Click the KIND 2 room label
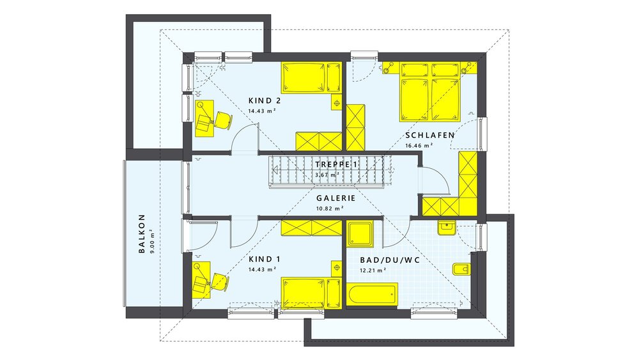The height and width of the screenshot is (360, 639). [x=265, y=101]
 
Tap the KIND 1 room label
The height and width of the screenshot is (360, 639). [x=265, y=260]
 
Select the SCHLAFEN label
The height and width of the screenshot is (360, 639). [x=429, y=136]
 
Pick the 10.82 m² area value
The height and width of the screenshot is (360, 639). [x=330, y=208]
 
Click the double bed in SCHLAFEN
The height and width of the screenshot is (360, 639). [x=430, y=91]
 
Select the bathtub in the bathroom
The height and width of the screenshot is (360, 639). [x=372, y=295]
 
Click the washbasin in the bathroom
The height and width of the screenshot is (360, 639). [x=447, y=227]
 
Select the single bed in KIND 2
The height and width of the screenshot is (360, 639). [x=312, y=78]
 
